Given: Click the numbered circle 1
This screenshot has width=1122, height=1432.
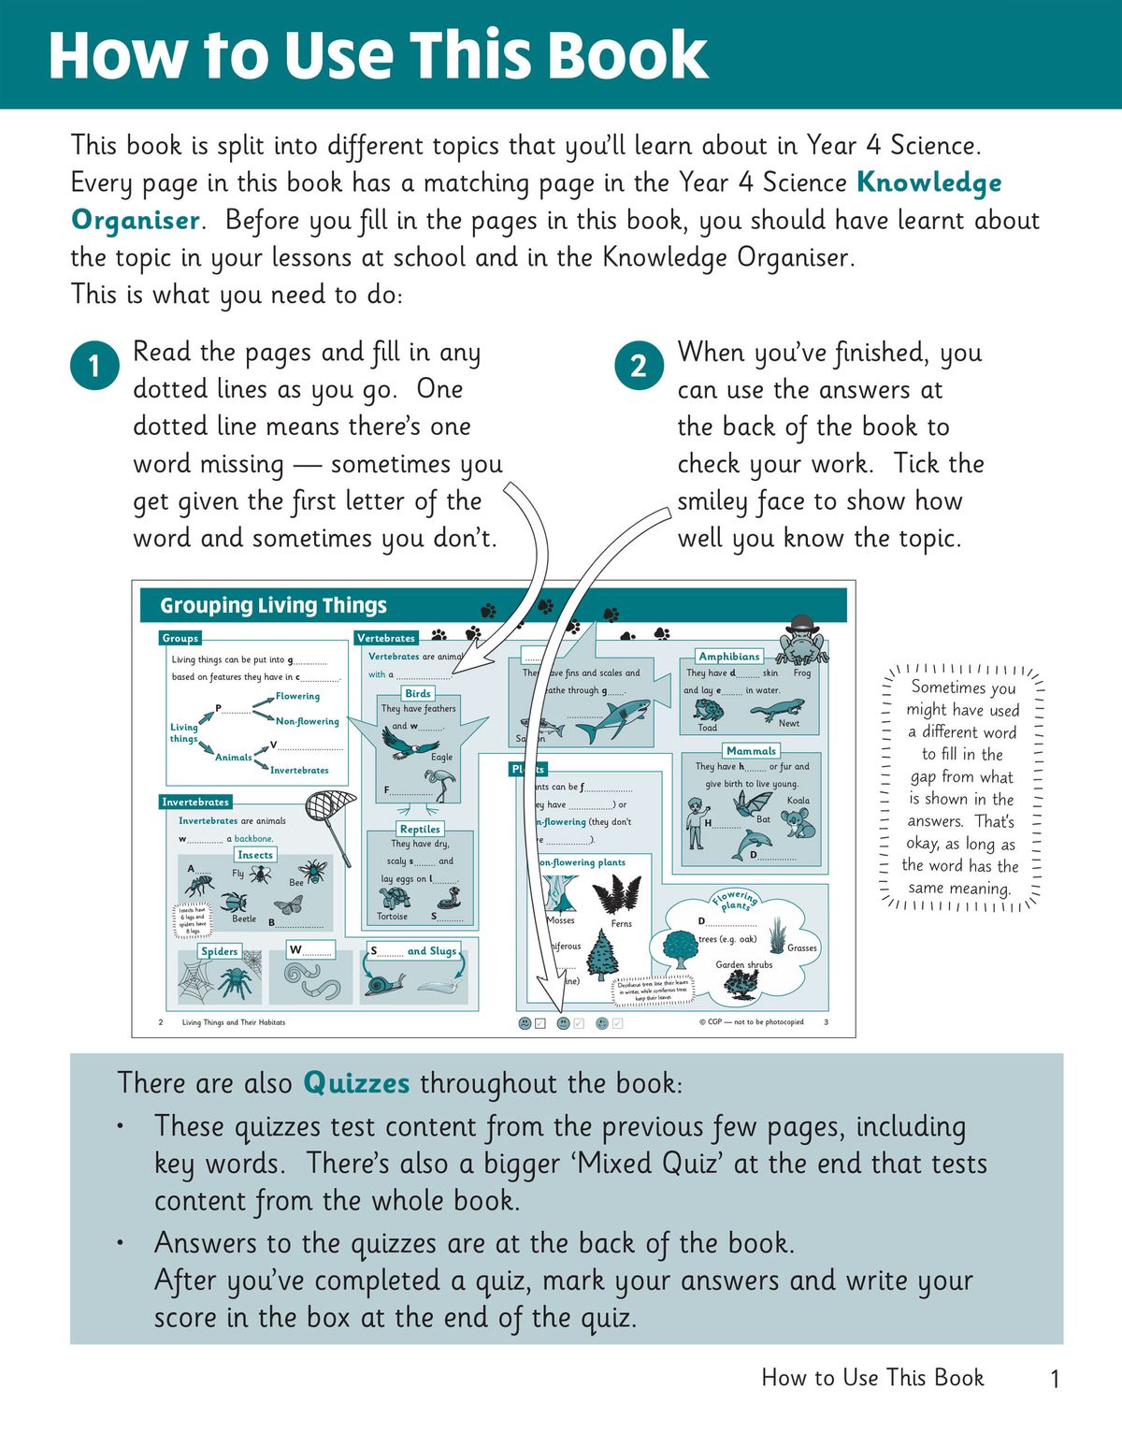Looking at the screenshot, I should (93, 366).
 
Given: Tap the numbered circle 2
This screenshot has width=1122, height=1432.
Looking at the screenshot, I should (639, 366).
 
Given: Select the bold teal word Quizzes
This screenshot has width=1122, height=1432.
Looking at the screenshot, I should (356, 1083).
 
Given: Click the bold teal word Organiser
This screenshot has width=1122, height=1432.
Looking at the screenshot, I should (136, 221).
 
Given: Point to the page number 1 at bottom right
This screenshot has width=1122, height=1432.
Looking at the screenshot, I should (1055, 1379).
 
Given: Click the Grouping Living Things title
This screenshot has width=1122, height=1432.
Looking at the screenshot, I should (273, 605).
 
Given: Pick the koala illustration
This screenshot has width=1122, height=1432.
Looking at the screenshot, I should (799, 824).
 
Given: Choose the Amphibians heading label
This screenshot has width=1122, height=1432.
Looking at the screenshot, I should (729, 657).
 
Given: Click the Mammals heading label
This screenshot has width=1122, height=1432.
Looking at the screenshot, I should (751, 750).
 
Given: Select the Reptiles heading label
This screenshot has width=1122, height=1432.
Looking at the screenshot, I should (420, 829).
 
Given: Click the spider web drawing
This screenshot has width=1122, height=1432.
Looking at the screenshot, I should (197, 981).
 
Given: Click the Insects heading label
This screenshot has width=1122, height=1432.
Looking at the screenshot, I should (254, 855).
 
